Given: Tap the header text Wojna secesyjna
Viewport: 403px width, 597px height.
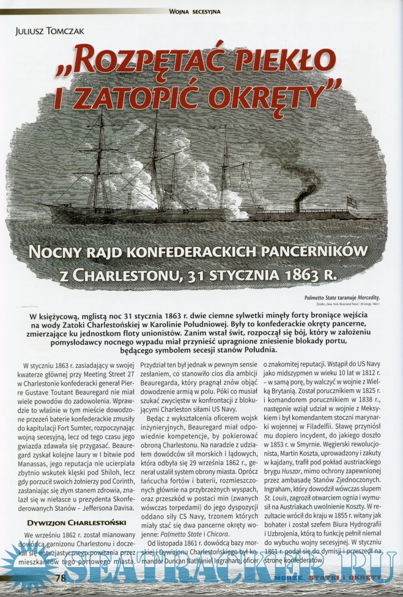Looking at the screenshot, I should pyautogui.click(x=195, y=11).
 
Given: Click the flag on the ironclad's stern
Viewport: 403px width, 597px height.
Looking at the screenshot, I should pyautogui.click(x=352, y=201).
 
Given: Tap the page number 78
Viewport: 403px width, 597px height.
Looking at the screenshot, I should pyautogui.click(x=61, y=577).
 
